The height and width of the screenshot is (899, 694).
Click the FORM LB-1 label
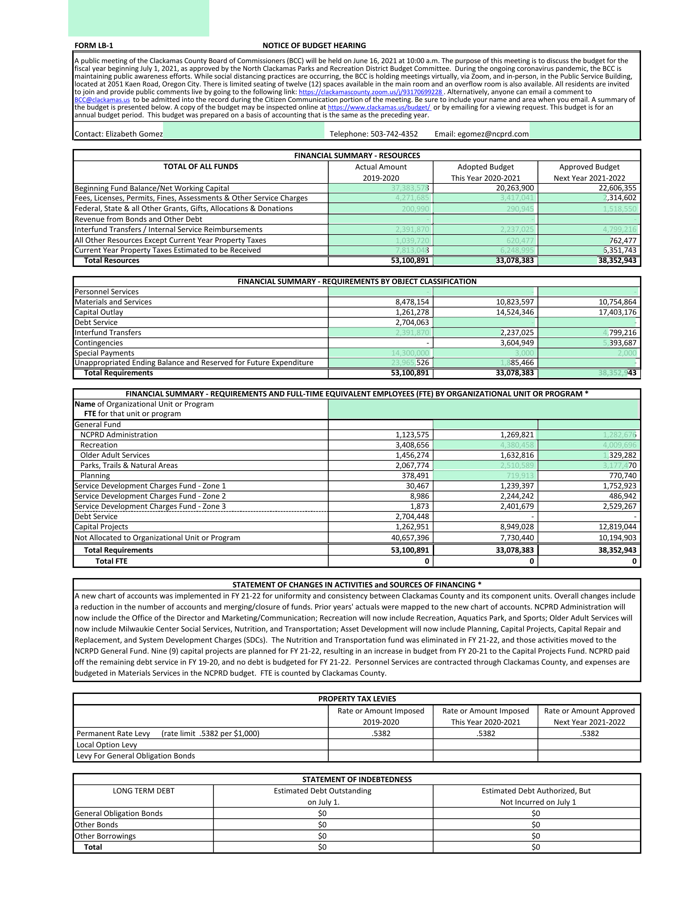coord(94,46)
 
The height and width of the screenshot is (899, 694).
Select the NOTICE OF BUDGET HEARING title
coord(314,46)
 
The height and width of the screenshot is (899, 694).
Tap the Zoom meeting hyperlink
coord(370,92)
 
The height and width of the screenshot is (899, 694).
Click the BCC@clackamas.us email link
coord(102,100)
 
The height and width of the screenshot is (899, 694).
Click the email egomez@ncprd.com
coord(481,134)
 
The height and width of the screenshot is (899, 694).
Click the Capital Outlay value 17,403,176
coord(617,313)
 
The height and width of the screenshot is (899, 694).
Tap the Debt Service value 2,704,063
coord(412,323)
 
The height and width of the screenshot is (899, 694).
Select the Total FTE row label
coord(111,561)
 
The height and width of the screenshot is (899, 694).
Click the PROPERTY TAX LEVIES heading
coord(357,699)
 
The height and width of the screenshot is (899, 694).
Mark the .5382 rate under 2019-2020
coord(381,733)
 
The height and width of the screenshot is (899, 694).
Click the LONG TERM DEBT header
coord(143,791)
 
